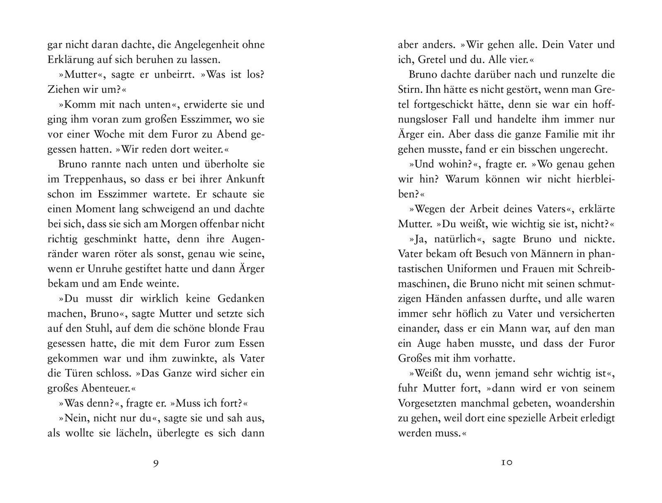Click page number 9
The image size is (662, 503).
tap(156, 464)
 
